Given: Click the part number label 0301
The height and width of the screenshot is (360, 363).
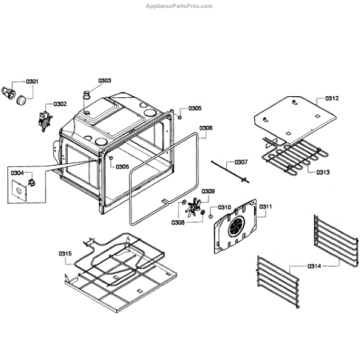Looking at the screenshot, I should coord(32,81).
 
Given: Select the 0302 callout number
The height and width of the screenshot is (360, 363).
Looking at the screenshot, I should coord(60,104).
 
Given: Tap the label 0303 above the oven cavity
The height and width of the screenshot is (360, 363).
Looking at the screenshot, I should coord(105,80).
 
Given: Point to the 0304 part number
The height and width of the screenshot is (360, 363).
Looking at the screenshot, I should coord(17,172).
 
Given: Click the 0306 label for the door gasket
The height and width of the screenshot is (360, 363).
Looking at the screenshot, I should coord(206,128).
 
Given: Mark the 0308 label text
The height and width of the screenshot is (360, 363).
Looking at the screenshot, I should coord(177,223).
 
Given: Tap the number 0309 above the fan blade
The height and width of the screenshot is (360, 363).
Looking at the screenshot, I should coord(208,191).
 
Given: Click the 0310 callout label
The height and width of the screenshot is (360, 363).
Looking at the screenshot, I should coord(224,207).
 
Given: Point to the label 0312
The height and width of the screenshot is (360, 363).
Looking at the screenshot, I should coord(332,98).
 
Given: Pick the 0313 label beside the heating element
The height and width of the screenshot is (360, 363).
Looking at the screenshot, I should coord(322,172).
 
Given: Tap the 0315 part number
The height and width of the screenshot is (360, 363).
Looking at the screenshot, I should coord(65,253).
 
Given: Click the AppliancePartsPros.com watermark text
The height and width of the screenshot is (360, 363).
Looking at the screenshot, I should coord(180,6).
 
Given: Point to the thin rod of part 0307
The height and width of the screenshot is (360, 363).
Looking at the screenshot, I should coord(227,169).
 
